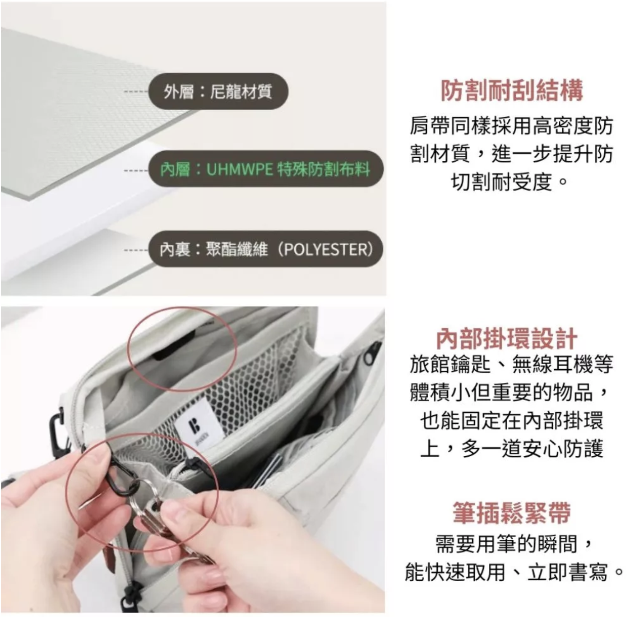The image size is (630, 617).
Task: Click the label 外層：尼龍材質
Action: (218, 92)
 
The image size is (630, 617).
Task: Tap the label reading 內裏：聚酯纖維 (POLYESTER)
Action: (266, 249)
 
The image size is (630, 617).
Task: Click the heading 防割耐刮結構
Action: (512, 90)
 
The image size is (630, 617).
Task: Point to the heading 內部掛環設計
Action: (506, 338)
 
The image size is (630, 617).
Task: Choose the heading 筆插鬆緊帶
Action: (512, 512)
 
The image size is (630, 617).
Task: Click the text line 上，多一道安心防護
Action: (512, 448)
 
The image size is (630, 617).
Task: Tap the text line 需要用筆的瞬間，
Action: (515, 544)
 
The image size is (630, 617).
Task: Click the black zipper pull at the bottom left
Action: (129, 595)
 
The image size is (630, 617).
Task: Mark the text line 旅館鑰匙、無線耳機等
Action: (512, 364)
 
